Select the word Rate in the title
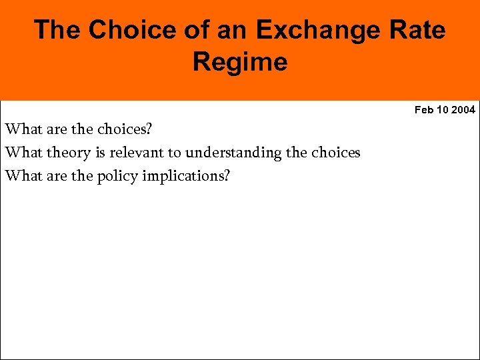coord(417,30)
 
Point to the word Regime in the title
coord(240,62)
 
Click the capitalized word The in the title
coord(57,30)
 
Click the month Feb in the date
coord(423,110)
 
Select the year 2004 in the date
coord(463,110)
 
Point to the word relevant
coord(137,153)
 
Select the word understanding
coord(233,153)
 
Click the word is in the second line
coord(100,153)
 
